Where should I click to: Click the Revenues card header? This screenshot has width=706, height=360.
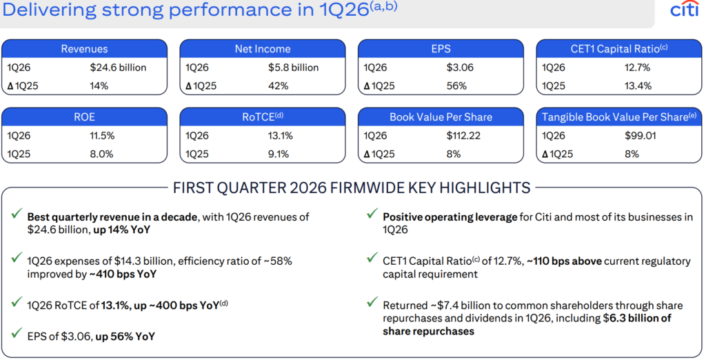point(84,49)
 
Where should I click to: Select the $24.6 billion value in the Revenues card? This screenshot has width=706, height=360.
point(118,68)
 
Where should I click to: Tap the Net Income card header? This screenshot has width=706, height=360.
point(263,49)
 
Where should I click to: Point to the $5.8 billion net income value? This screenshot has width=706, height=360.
point(293,68)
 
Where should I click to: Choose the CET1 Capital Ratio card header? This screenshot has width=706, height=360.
point(620,49)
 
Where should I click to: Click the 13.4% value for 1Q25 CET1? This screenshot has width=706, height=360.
point(638,86)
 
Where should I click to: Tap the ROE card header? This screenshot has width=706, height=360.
point(84,117)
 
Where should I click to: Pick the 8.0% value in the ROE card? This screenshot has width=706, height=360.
point(101,154)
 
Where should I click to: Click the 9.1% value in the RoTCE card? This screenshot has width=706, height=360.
point(279,154)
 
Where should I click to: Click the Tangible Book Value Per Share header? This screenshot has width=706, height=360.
point(620,117)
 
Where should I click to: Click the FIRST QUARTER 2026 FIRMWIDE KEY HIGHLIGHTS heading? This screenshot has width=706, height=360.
point(352,187)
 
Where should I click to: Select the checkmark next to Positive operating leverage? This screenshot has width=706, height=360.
point(372,216)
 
